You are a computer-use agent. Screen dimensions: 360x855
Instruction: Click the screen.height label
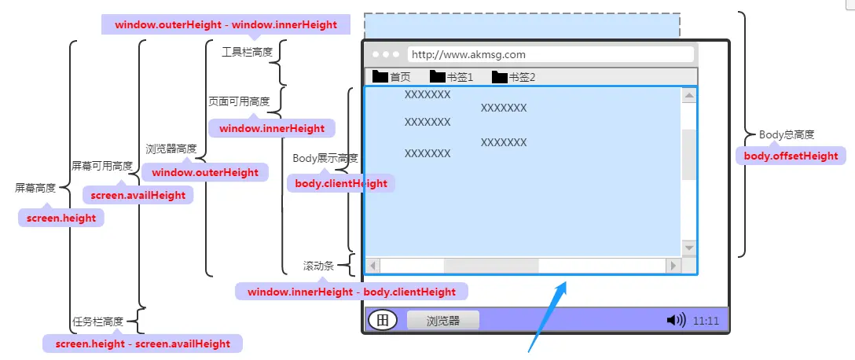pyautogui.click(x=61, y=219)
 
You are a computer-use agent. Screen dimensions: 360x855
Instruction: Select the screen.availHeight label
pyautogui.click(x=138, y=195)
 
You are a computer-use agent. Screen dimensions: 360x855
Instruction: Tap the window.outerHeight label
pyautogui.click(x=205, y=172)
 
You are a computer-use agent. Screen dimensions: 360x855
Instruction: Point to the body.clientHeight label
pyautogui.click(x=341, y=183)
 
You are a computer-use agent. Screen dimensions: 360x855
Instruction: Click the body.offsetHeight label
pyautogui.click(x=791, y=156)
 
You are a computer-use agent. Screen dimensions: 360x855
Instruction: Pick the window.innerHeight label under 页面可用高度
pyautogui.click(x=272, y=128)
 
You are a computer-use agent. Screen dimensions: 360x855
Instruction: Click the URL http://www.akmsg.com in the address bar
pyautogui.click(x=468, y=55)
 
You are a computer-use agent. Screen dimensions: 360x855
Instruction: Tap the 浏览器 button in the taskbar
pyautogui.click(x=442, y=321)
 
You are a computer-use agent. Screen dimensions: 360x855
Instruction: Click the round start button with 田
pyautogui.click(x=382, y=320)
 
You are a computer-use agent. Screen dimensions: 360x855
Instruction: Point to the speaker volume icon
pyautogui.click(x=675, y=320)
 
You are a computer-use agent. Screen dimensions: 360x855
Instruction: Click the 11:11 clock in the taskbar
pyautogui.click(x=706, y=321)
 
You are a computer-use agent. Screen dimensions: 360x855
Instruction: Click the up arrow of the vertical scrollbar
pyautogui.click(x=689, y=96)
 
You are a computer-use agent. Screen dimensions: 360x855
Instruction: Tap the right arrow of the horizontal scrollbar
pyautogui.click(x=672, y=266)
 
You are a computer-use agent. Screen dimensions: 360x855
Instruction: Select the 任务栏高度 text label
pyautogui.click(x=97, y=321)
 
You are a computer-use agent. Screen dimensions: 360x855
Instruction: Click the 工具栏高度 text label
pyautogui.click(x=248, y=52)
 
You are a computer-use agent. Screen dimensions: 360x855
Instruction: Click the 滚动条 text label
pyautogui.click(x=318, y=266)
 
